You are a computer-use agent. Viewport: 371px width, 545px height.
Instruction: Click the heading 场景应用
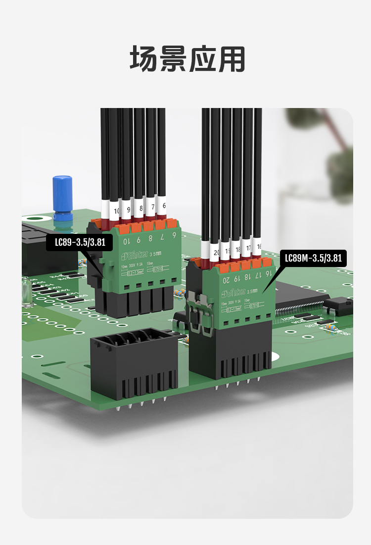click(187, 59)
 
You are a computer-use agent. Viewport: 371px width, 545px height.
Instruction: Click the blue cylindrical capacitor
click(63, 197)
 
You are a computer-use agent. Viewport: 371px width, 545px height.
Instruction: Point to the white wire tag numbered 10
click(116, 210)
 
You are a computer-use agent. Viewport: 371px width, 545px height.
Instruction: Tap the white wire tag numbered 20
click(216, 251)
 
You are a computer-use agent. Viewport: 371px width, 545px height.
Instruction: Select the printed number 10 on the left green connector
click(127, 241)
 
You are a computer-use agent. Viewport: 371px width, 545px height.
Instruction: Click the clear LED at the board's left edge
click(26, 289)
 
